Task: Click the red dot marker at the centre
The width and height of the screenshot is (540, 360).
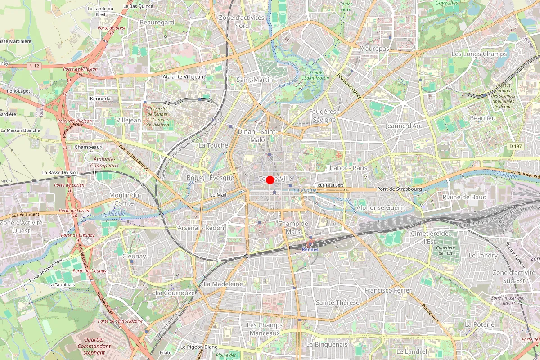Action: [x=270, y=180]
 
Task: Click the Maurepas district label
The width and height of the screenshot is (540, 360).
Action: [x=374, y=48]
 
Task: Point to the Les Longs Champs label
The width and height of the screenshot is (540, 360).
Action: [x=479, y=54]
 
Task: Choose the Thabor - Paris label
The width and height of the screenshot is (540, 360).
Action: [x=347, y=168]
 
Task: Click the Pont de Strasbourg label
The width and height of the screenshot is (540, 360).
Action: [x=400, y=189]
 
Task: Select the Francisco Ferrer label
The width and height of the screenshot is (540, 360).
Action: [x=388, y=290]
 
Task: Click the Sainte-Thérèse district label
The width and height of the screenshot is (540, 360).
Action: [x=337, y=302]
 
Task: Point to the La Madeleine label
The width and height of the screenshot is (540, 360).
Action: [x=223, y=284]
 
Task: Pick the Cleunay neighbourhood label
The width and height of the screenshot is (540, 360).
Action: [x=134, y=256]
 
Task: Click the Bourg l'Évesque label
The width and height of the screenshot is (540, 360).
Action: [x=210, y=178]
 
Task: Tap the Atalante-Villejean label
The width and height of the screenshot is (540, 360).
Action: [x=184, y=77]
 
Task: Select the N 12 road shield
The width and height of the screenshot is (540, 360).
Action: [x=34, y=66]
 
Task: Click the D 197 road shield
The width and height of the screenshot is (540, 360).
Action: [x=516, y=146]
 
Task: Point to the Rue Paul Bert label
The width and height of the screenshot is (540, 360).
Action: [x=331, y=185]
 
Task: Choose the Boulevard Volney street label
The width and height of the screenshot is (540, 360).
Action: [x=350, y=86]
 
